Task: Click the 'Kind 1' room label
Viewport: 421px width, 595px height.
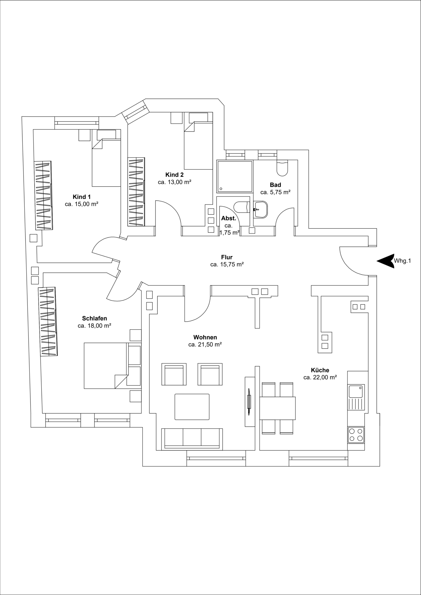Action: click(81, 197)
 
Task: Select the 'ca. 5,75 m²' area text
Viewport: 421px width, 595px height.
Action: click(275, 192)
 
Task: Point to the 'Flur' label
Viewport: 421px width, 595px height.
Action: click(227, 257)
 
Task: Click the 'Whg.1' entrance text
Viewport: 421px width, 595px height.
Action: click(402, 261)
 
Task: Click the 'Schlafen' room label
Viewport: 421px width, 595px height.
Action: click(94, 318)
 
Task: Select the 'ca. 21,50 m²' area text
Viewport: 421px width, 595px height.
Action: click(205, 344)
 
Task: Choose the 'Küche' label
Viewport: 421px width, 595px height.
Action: click(320, 370)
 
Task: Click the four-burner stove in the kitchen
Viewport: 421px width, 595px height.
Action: click(356, 435)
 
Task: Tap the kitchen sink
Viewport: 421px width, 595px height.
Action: click(356, 392)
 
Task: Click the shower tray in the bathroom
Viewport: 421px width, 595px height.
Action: click(235, 176)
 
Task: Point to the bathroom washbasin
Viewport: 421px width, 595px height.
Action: click(261, 209)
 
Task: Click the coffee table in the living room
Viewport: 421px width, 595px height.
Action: click(192, 407)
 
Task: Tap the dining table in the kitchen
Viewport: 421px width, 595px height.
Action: click(277, 408)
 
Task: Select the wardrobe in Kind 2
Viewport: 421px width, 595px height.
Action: click(136, 192)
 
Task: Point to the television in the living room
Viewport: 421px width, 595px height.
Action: click(249, 402)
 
